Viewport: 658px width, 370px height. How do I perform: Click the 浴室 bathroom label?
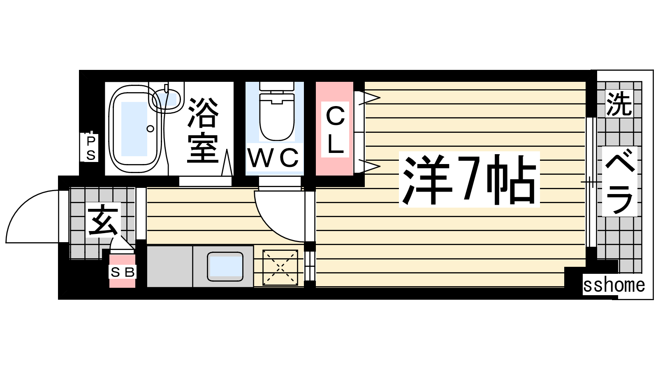pyautogui.click(x=203, y=130)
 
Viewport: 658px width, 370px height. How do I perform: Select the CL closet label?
pyautogui.click(x=335, y=129)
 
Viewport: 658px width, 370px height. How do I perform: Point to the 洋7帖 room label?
pyautogui.click(x=469, y=179)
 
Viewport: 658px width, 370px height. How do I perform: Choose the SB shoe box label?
pyautogui.click(x=123, y=272)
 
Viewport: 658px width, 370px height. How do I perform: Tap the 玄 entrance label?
pyautogui.click(x=103, y=220)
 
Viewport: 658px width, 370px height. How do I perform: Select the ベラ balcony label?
pyautogui.click(x=620, y=182)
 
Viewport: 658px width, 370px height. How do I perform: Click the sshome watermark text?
pyautogui.click(x=614, y=285)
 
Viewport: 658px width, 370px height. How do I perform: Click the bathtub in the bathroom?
pyautogui.click(x=135, y=129)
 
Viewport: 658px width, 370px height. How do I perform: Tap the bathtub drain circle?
pyautogui.click(x=151, y=129)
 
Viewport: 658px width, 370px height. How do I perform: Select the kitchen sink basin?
pyautogui.click(x=225, y=266)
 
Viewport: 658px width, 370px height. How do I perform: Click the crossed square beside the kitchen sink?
pyautogui.click(x=280, y=267)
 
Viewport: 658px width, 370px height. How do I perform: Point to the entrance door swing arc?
pyautogui.click(x=22, y=205)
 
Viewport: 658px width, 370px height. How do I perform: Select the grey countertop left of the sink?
pyautogui.click(x=170, y=266)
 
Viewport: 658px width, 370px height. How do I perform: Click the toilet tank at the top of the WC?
pyautogui.click(x=277, y=86)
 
